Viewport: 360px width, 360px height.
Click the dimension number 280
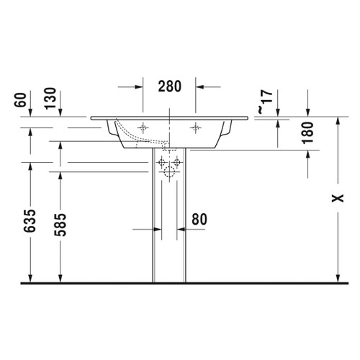tap(169, 86)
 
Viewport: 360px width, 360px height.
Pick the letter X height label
tap(337, 199)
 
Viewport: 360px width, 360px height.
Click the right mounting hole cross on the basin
tap(195, 127)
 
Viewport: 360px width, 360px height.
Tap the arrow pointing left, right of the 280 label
tap(201, 86)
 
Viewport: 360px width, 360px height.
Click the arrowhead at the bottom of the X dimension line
tap(337, 277)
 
